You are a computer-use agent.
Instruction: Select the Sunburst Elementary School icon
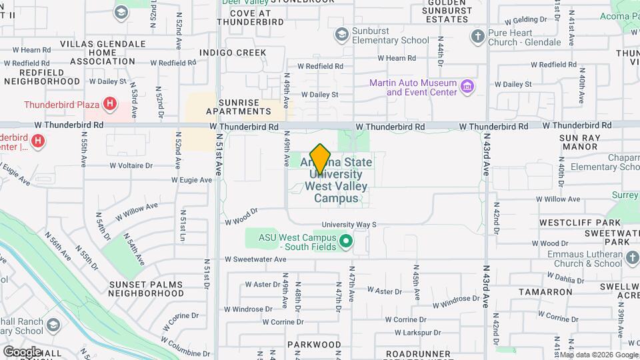341,33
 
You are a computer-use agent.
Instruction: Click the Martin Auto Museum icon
467,87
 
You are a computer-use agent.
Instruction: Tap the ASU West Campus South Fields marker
345,241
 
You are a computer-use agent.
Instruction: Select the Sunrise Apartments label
238,107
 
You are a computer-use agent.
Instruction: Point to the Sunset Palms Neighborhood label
146,288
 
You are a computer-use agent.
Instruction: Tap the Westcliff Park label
571,222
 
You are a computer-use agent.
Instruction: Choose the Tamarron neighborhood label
547,292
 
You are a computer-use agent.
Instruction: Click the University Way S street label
349,225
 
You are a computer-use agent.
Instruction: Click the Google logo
22,351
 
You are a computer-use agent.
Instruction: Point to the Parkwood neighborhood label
314,345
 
